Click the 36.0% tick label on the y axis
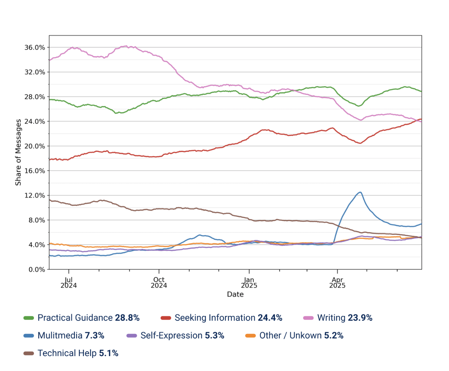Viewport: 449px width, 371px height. [35, 47]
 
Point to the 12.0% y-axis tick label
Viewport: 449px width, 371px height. [35, 195]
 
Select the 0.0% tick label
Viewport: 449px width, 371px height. [37, 270]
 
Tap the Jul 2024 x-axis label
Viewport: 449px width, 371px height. [69, 283]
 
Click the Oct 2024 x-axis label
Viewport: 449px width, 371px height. [159, 283]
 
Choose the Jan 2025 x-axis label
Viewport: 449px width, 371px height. [249, 283]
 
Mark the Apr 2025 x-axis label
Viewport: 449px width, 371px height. [337, 283]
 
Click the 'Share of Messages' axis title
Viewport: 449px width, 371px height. [18, 152]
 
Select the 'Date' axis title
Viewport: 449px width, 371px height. [235, 294]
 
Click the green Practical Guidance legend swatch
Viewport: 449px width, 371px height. [29, 318]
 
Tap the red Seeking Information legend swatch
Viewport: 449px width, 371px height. [166, 318]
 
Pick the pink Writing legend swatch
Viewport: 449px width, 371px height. [308, 318]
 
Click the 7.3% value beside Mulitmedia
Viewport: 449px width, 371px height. [94, 336]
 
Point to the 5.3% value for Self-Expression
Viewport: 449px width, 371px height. [214, 336]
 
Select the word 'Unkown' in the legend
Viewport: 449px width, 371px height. [305, 336]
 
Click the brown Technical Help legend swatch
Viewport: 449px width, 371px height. [29, 353]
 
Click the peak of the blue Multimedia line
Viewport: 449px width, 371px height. [361, 192]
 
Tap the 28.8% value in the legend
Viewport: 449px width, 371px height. [127, 318]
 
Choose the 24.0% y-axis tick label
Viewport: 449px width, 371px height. [35, 122]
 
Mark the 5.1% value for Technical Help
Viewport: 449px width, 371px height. [109, 353]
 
